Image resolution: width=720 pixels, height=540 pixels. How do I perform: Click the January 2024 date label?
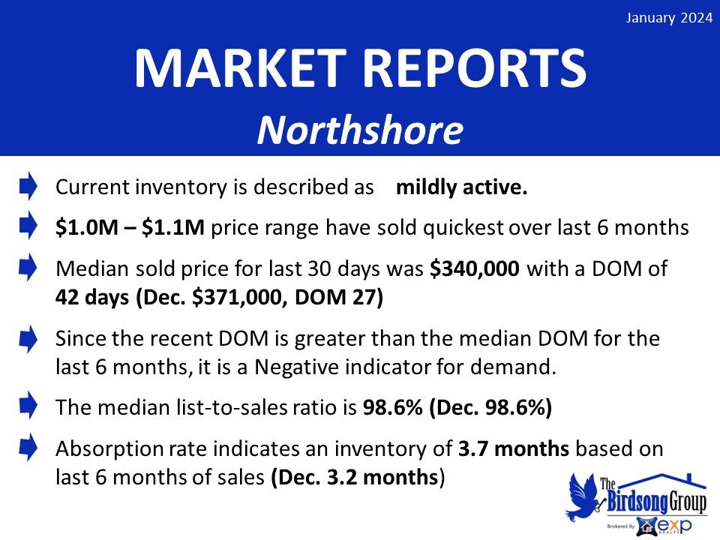click(669, 18)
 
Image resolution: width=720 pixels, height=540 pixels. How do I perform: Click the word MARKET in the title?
click(241, 69)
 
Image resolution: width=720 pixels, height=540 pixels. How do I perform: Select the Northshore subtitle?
click(360, 130)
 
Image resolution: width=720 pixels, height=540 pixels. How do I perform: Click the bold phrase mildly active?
click(461, 187)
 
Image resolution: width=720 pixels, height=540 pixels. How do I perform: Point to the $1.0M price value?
click(87, 227)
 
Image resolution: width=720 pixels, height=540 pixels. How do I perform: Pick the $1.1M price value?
click(173, 227)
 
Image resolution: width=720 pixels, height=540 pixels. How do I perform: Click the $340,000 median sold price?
click(474, 268)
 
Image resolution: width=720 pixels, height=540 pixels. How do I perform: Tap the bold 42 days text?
click(92, 297)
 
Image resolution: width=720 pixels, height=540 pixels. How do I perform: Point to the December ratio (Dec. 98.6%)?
click(490, 407)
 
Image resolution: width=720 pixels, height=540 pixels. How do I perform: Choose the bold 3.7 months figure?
click(514, 448)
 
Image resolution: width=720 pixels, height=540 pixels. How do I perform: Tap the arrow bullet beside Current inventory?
click(28, 186)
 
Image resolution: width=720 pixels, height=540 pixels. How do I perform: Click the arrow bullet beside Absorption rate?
click(28, 447)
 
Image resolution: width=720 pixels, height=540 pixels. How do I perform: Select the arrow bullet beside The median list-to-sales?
click(28, 405)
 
